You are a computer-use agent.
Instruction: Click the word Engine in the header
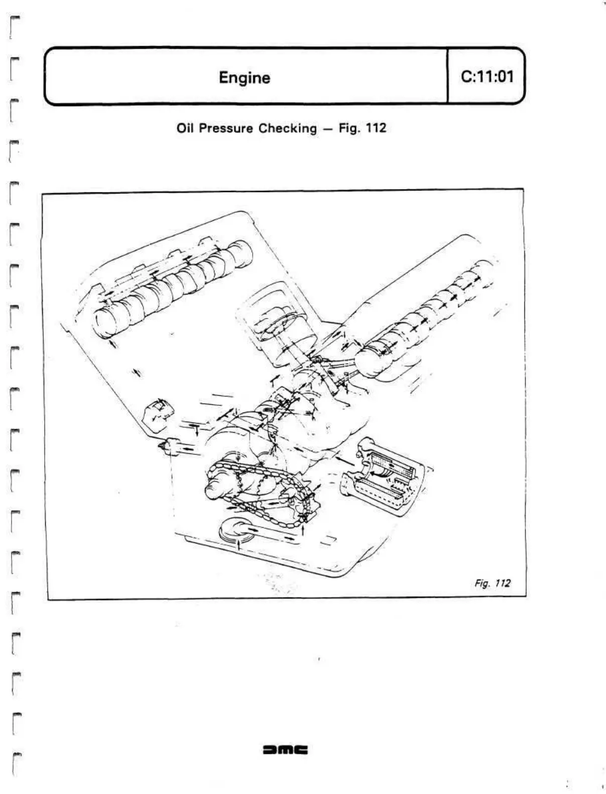pos(244,77)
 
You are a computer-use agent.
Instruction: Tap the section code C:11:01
pos(487,76)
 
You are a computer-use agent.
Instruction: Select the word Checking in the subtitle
pos(288,128)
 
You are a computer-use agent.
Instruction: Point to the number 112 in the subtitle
pos(376,128)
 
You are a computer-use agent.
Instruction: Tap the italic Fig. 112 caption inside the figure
pos(492,583)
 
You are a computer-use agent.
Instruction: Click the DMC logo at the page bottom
pos(285,750)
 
